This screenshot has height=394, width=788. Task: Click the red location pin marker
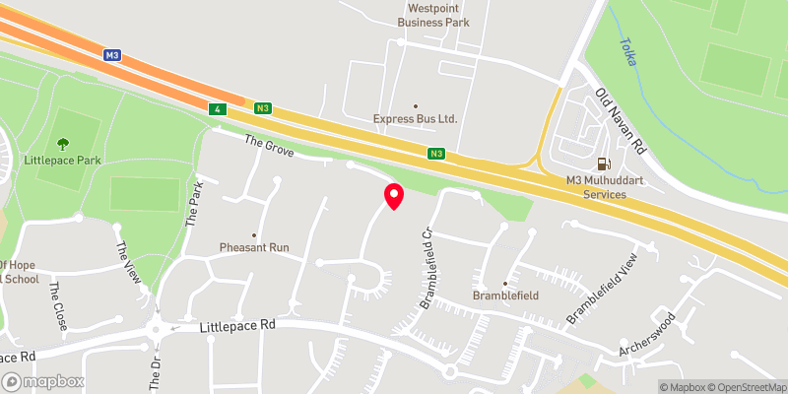coord(393,196)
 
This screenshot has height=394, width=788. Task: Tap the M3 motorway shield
coord(112,56)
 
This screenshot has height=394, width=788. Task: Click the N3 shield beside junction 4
coord(261,107)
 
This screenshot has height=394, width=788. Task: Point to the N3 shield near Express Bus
coord(436,153)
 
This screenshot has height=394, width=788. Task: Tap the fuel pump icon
coord(603,164)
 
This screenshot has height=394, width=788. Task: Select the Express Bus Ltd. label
coord(416,119)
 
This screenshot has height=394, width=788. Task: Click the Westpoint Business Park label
coord(433,14)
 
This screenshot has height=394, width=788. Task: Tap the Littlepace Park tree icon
coord(64,145)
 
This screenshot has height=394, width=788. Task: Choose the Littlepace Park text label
coord(63,161)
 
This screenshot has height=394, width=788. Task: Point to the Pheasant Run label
coord(254,247)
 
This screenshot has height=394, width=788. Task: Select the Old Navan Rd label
coord(621,120)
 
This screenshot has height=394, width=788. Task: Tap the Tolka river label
coord(627,51)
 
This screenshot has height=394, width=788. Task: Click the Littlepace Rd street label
coord(236,324)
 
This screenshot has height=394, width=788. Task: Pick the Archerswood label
coord(646,335)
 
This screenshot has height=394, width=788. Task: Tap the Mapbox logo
coord(43,381)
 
